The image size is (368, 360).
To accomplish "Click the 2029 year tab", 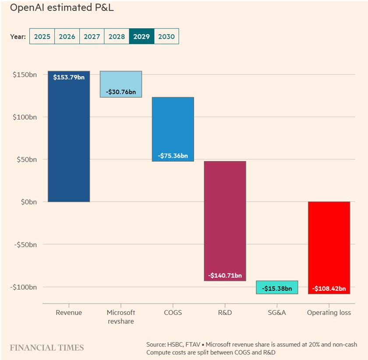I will tap(142, 37).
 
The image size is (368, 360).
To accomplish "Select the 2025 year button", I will tap(42, 37).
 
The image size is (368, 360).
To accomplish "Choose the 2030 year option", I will tap(166, 37).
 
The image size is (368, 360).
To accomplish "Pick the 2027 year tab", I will tap(92, 37).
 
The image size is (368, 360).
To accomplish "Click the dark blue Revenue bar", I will tap(69, 140).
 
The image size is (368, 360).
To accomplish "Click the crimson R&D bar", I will tap(225, 219).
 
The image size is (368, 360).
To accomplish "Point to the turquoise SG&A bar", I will tap(277, 287).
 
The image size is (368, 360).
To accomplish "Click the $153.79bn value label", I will tap(69, 78).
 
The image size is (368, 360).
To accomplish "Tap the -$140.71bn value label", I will tap(225, 275).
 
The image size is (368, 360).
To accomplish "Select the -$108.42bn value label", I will tap(329, 289).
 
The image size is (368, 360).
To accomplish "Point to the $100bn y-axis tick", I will tap(25, 117).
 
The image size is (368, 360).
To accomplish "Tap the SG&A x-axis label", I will tap(277, 313).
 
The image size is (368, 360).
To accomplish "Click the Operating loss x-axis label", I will tap(329, 313).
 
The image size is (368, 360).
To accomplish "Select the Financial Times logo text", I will tap(47, 348).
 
